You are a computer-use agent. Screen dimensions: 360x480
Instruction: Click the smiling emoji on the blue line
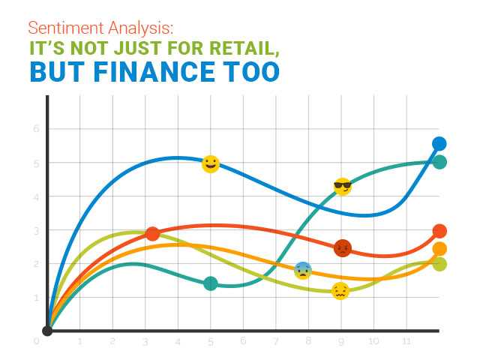[211, 164]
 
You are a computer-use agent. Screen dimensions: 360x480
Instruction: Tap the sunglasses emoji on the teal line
[343, 187]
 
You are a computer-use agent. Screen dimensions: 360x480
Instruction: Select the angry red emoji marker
[343, 248]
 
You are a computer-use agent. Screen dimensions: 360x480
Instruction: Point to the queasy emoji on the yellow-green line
[340, 291]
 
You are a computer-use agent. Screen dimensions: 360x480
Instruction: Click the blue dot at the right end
[439, 144]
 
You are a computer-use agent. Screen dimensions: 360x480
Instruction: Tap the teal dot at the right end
[439, 162]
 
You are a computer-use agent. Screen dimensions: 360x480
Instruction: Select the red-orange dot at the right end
[439, 231]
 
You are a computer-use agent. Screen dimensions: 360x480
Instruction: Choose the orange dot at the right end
[439, 249]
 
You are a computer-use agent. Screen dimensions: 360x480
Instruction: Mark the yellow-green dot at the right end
[439, 264]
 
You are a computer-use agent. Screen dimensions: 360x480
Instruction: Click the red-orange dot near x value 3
[153, 234]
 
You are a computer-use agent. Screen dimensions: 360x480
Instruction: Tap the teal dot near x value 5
[211, 283]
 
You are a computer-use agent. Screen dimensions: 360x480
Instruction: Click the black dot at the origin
[47, 330]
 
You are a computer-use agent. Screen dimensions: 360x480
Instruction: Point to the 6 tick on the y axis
[35, 129]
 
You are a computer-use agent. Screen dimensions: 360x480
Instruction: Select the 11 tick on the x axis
[406, 341]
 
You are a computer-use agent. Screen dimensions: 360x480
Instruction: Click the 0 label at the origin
[36, 341]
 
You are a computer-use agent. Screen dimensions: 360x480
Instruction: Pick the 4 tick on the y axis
[35, 196]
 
